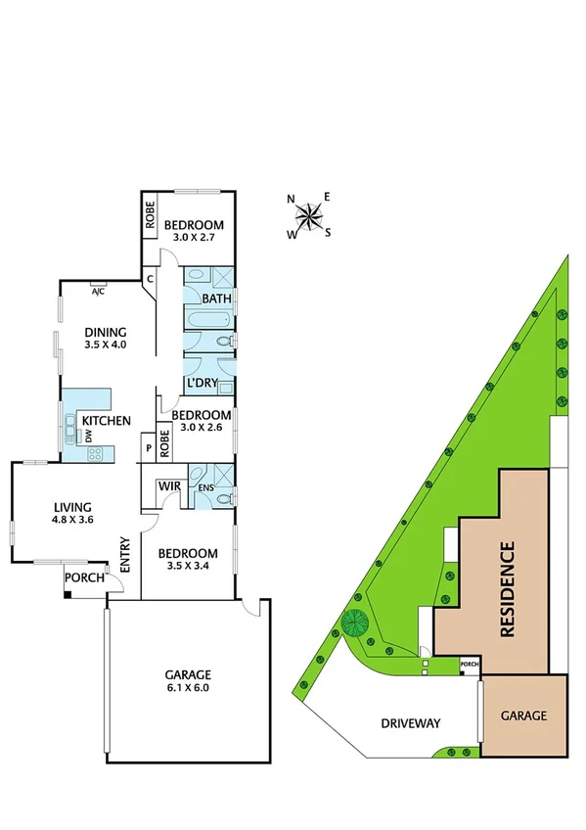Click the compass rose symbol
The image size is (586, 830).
[x=309, y=215]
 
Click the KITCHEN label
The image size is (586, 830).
[x=107, y=421]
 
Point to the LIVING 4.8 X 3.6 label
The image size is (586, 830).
[x=72, y=513]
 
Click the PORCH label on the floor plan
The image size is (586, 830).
[x=81, y=577]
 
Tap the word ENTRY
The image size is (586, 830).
[x=125, y=556]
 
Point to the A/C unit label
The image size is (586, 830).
[x=98, y=291]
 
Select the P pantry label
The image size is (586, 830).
[x=149, y=448]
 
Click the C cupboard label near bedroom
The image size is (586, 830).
[x=150, y=279]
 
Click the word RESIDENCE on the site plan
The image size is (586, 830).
[x=507, y=589]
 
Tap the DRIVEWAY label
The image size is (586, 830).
[x=411, y=724]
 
